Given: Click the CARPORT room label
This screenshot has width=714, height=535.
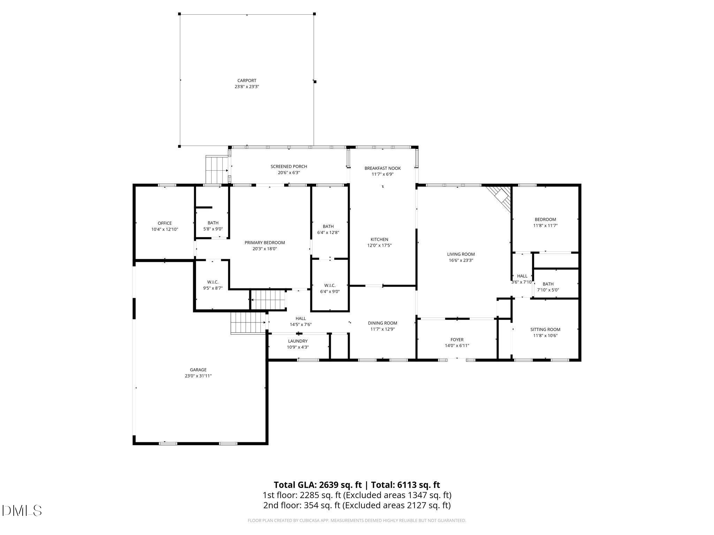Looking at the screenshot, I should pos(246,80).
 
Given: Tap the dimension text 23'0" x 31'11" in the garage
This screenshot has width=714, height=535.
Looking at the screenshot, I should pos(198,376).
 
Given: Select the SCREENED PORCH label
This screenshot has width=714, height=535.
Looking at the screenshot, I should pos(289,166).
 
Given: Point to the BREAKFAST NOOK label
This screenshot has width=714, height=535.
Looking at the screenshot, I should pos(382,168).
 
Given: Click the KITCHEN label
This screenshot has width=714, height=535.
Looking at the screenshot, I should pos(379,239).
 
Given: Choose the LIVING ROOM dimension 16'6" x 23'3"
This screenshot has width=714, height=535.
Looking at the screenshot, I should pos(461,260).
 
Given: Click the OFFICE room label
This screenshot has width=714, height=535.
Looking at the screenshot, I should pos(165,223).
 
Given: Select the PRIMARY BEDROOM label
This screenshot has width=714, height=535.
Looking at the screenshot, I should pos(265,243).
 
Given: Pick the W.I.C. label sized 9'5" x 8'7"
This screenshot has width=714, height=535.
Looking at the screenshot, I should pos(213,282).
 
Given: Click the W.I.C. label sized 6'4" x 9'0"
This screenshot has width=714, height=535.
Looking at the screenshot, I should pos(329,286).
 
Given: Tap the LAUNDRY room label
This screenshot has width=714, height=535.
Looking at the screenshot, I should pos(298,341).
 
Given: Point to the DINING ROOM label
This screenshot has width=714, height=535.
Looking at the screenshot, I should pos(382,323).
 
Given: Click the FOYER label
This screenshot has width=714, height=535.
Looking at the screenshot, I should pos(457,340).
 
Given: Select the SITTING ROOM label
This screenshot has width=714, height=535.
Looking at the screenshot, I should pos(545,329).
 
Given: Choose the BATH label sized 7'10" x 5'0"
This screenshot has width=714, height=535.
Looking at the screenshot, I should pos(548,284).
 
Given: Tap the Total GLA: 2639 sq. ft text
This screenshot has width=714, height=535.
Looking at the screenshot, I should pos(318,485).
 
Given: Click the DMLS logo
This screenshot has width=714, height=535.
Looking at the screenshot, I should pos(22,511).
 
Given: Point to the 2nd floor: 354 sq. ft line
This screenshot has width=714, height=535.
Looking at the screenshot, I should pos(357,505).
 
